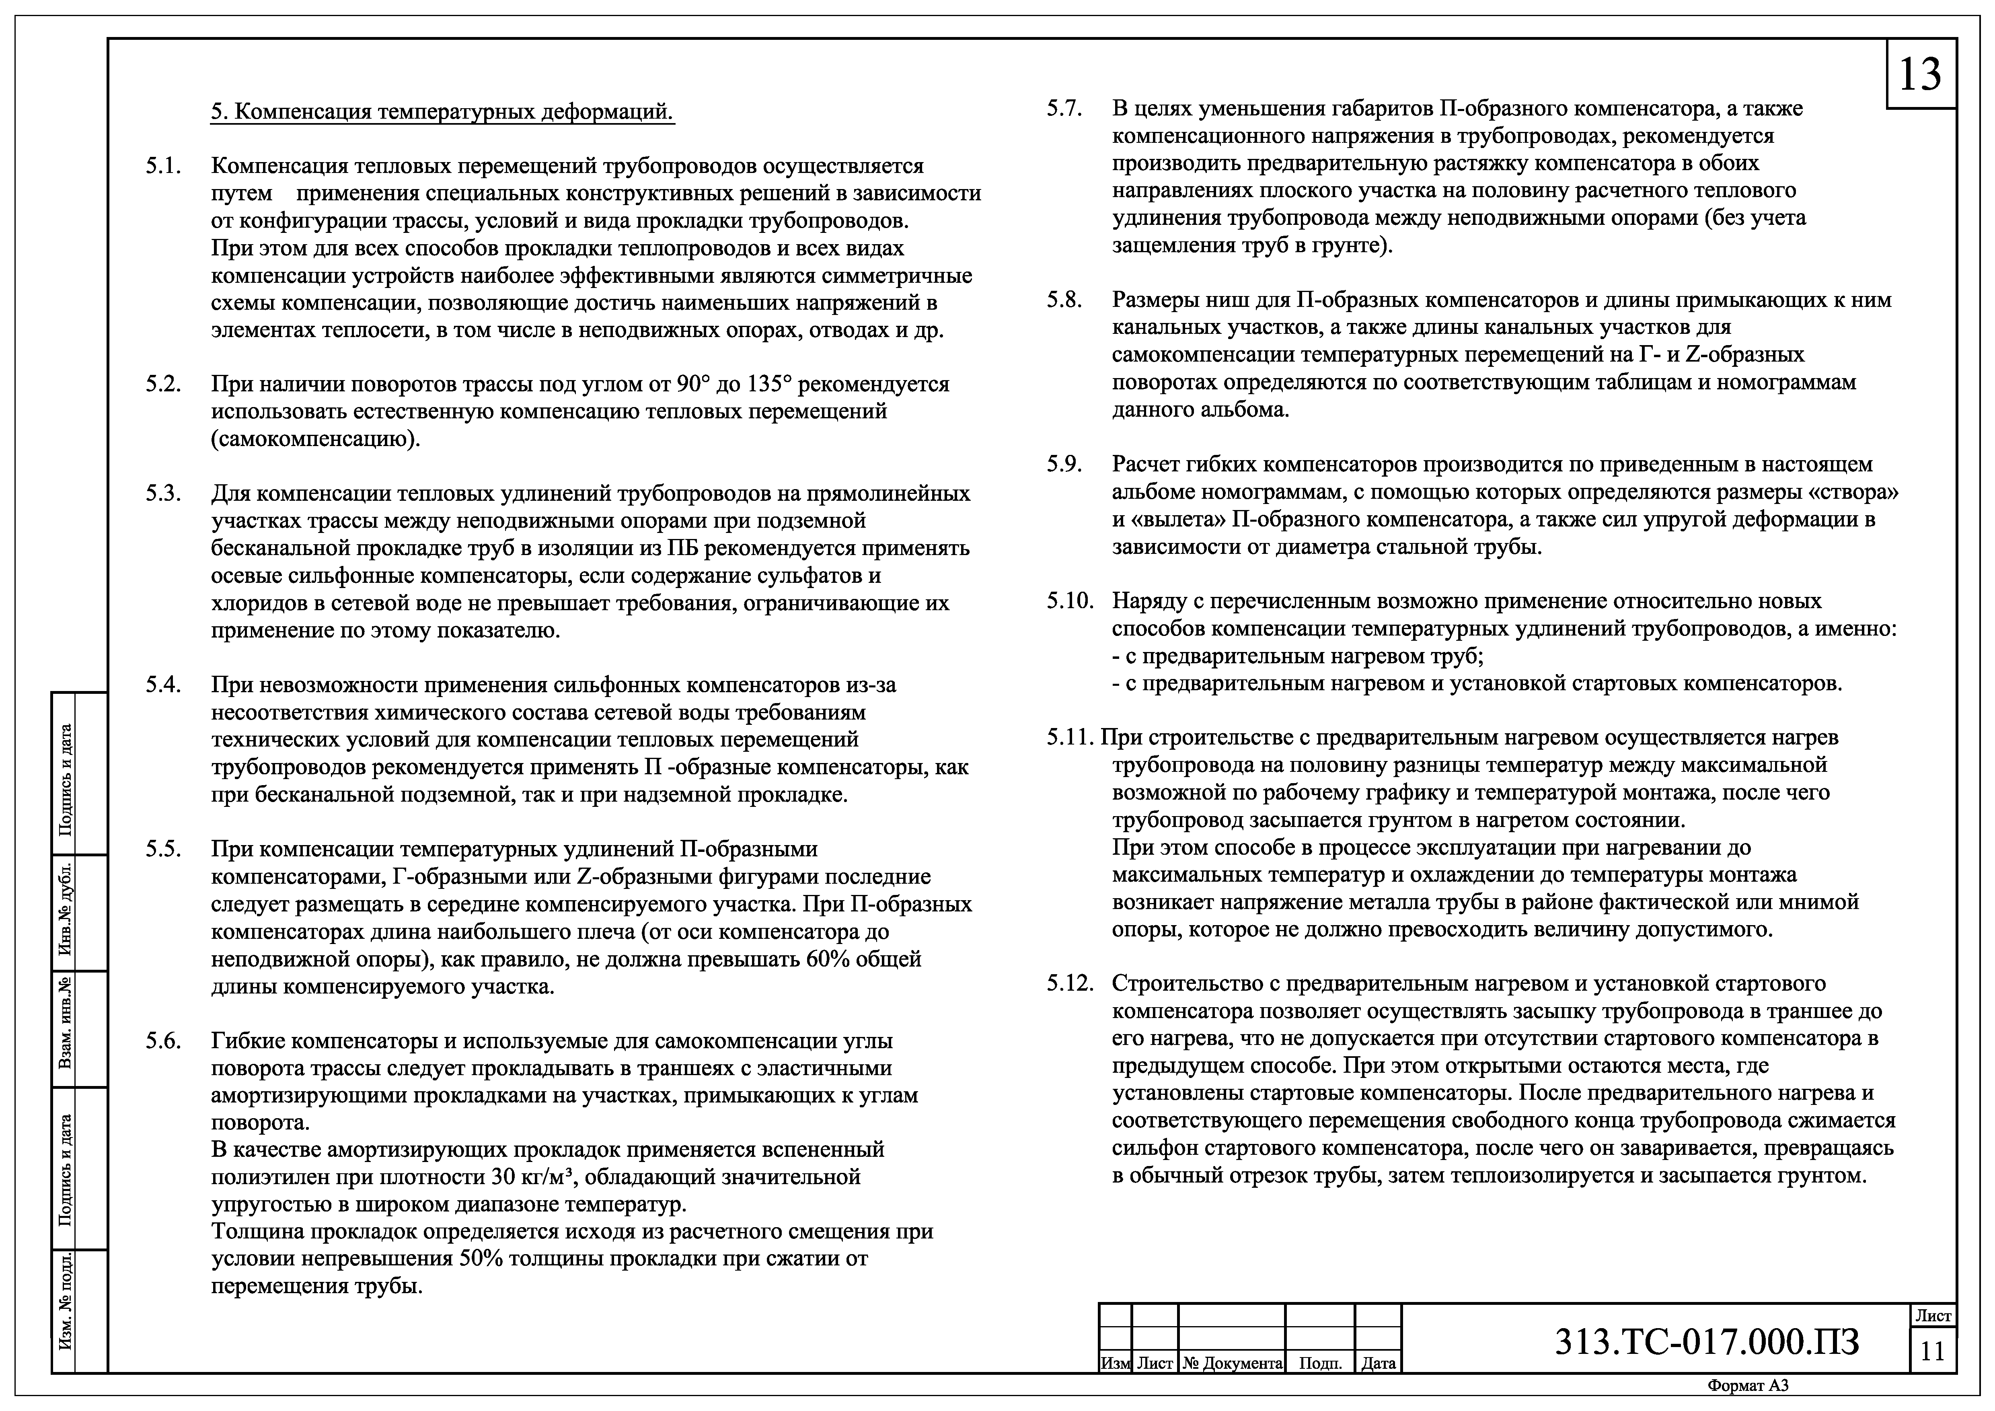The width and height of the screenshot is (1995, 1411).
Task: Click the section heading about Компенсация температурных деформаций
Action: [442, 112]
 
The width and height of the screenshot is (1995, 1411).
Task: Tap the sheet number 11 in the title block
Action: [1932, 1352]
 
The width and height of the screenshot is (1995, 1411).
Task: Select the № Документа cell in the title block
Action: [1231, 1363]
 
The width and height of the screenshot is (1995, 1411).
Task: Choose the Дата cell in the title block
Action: [1378, 1363]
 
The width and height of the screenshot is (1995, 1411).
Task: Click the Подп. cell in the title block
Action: [1320, 1363]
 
